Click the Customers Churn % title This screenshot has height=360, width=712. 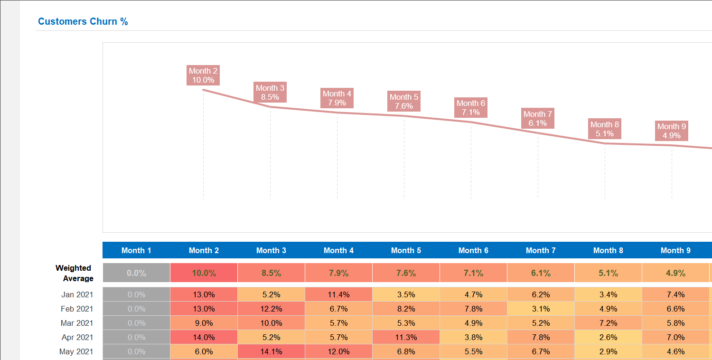(83, 21)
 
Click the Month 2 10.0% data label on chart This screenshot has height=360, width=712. (203, 76)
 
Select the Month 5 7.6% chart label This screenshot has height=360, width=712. (404, 102)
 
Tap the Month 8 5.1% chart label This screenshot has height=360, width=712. (605, 129)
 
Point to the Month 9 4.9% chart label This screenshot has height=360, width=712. (672, 131)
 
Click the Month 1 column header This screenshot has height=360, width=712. (136, 250)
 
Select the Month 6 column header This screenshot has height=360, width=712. (473, 250)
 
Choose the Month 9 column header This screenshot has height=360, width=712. (675, 250)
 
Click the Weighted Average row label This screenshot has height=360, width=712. (74, 273)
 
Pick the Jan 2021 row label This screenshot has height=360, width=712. (77, 294)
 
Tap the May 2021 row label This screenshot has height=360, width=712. (76, 351)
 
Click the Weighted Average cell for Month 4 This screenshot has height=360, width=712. (338, 273)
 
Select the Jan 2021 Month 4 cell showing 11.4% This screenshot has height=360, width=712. (338, 294)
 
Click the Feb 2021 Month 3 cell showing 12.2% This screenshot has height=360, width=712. (271, 309)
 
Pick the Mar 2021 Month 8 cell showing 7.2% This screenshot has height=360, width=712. (608, 323)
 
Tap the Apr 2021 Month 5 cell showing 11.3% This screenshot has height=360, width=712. (406, 337)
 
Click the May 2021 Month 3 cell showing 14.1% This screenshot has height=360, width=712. (271, 351)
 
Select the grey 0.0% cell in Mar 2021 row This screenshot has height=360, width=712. (136, 323)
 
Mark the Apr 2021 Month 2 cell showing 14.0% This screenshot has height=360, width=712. (204, 337)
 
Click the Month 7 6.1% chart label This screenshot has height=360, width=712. (538, 119)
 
